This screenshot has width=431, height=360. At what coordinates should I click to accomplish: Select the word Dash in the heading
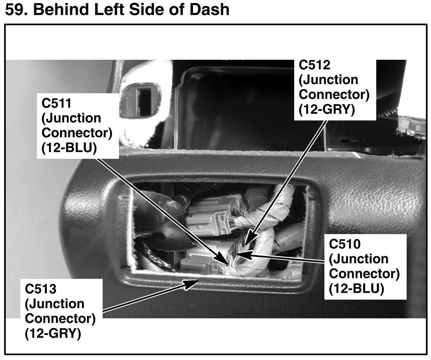209,9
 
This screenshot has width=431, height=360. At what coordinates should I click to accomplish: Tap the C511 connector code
57,103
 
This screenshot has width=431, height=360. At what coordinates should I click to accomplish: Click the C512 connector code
314,65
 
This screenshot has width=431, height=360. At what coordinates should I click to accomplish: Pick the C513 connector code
40,289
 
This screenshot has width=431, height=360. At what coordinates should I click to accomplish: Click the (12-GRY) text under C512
327,110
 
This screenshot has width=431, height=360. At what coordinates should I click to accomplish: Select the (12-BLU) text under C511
69,148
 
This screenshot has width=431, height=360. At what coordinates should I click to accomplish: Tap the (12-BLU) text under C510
357,289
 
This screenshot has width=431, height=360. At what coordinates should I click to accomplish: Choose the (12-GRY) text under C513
53,333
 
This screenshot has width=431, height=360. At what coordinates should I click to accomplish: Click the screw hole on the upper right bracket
343,140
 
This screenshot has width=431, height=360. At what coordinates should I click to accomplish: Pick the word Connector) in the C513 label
60,318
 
